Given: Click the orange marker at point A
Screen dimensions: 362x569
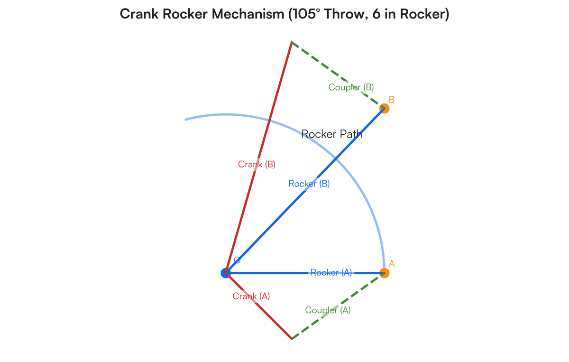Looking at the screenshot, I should coord(385,273).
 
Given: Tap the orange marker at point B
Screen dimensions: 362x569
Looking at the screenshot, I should coord(385,109).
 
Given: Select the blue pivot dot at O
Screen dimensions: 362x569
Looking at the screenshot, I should coord(226,273).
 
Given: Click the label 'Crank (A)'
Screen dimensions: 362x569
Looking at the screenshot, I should coord(251,297).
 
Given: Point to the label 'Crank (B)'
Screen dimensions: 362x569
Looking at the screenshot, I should coord(257,165).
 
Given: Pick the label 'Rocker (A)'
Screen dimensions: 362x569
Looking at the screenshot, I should coord(331,272).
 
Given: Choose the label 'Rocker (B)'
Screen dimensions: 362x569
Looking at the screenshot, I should coord(309,184).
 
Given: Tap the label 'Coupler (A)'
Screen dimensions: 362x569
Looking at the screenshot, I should coord(328,310).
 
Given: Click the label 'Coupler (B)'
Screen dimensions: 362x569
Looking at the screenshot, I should coord(351,87).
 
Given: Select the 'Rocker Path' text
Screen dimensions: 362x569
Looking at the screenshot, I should coord(332,134).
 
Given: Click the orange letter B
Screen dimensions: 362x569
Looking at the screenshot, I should coord(392,100).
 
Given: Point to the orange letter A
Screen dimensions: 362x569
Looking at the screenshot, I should coord(392,264).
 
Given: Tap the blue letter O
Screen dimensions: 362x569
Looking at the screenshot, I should coord(237,260).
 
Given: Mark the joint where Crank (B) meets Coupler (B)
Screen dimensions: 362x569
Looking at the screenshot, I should coord(291,42).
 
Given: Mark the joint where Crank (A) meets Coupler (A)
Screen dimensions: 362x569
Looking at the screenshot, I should coord(292,339).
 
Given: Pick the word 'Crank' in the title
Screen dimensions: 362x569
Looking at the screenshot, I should coord(139,14).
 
